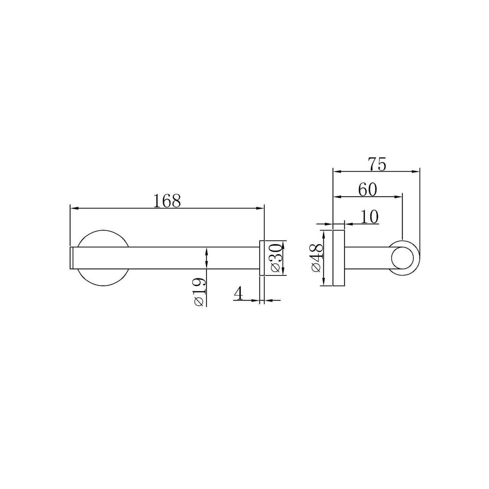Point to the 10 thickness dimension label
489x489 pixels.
pos(369,217)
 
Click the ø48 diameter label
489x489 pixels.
pos(317,258)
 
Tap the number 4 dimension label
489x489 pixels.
pos(238,294)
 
